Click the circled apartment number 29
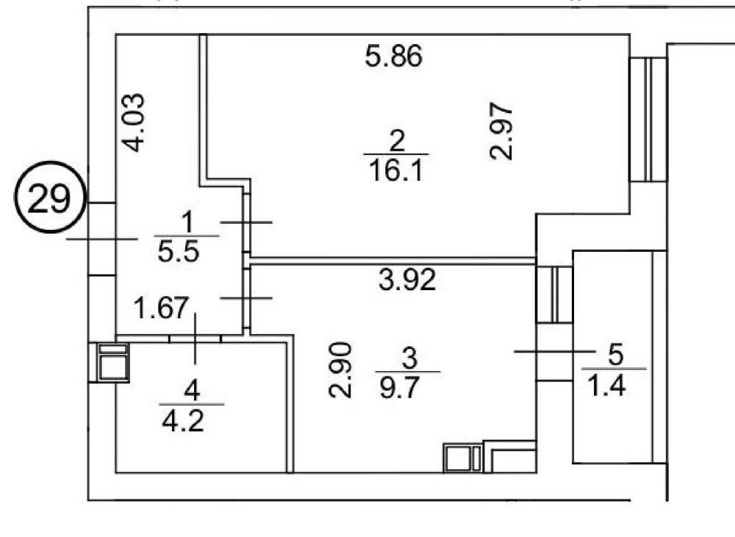point(49,198)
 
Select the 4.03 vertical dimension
point(134,123)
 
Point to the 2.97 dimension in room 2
point(501,131)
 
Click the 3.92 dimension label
point(407,279)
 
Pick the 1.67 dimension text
point(161,308)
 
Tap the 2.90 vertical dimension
point(340,370)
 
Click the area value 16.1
point(396,170)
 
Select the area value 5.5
point(179,252)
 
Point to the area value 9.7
point(399,388)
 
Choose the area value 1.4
point(606,386)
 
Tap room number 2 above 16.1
point(397,140)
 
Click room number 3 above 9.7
point(409,358)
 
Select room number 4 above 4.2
point(192,390)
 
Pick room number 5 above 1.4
point(615,354)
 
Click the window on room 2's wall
point(648,120)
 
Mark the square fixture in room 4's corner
point(112,361)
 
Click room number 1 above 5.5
point(187,222)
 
